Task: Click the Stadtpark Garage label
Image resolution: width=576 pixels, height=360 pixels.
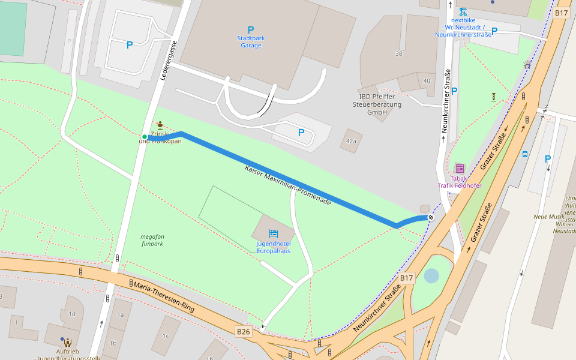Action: [251, 41]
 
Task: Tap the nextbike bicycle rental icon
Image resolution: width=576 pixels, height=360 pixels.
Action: [463, 11]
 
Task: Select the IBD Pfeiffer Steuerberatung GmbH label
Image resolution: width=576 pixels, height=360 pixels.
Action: [376, 104]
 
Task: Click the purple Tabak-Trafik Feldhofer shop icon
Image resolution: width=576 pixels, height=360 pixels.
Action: [460, 169]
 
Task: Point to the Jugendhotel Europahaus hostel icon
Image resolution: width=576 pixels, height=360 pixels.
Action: [274, 233]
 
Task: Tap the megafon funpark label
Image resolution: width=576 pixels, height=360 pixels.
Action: [152, 240]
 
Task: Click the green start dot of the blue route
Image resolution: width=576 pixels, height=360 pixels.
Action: [145, 137]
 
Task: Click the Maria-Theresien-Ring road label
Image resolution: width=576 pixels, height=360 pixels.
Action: [164, 296]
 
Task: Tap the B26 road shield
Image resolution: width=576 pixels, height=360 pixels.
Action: [243, 331]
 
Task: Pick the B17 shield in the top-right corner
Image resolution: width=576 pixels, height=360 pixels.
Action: [561, 13]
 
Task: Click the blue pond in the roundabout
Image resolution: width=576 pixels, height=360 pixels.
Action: [431, 276]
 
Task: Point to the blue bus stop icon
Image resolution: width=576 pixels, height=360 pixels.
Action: [525, 154]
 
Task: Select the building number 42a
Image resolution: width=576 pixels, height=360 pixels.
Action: [351, 141]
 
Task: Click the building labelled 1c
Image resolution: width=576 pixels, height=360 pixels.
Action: [166, 335]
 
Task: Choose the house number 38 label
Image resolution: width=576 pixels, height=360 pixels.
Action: [398, 53]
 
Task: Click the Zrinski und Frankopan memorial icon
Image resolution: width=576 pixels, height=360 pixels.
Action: [160, 125]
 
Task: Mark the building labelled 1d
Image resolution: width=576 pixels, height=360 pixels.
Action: [72, 314]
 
